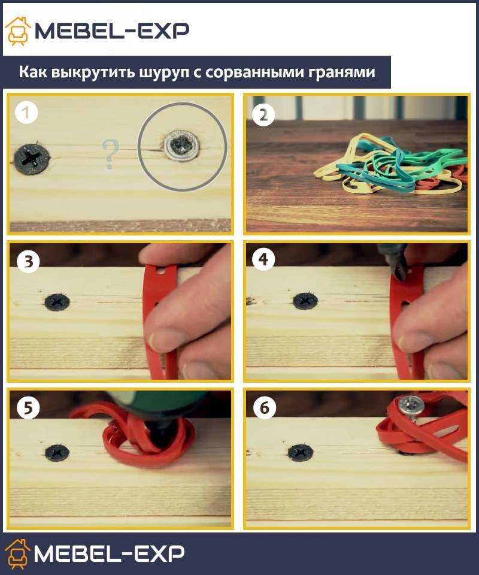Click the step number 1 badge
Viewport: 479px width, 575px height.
26,112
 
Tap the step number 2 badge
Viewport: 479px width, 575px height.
263,115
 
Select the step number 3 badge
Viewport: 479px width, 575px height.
28,261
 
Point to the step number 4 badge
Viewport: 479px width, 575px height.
263,259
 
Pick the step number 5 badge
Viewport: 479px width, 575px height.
28,407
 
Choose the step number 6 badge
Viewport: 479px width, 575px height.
264,407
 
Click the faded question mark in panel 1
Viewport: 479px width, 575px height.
111,154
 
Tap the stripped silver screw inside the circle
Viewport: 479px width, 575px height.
182,146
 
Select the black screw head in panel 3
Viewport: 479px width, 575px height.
57,302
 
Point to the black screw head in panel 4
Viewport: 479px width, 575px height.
305,301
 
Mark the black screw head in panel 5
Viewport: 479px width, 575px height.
57,453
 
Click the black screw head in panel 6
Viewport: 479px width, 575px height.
301,453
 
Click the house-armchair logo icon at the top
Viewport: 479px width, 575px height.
18,31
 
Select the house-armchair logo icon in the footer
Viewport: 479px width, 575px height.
17,553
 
